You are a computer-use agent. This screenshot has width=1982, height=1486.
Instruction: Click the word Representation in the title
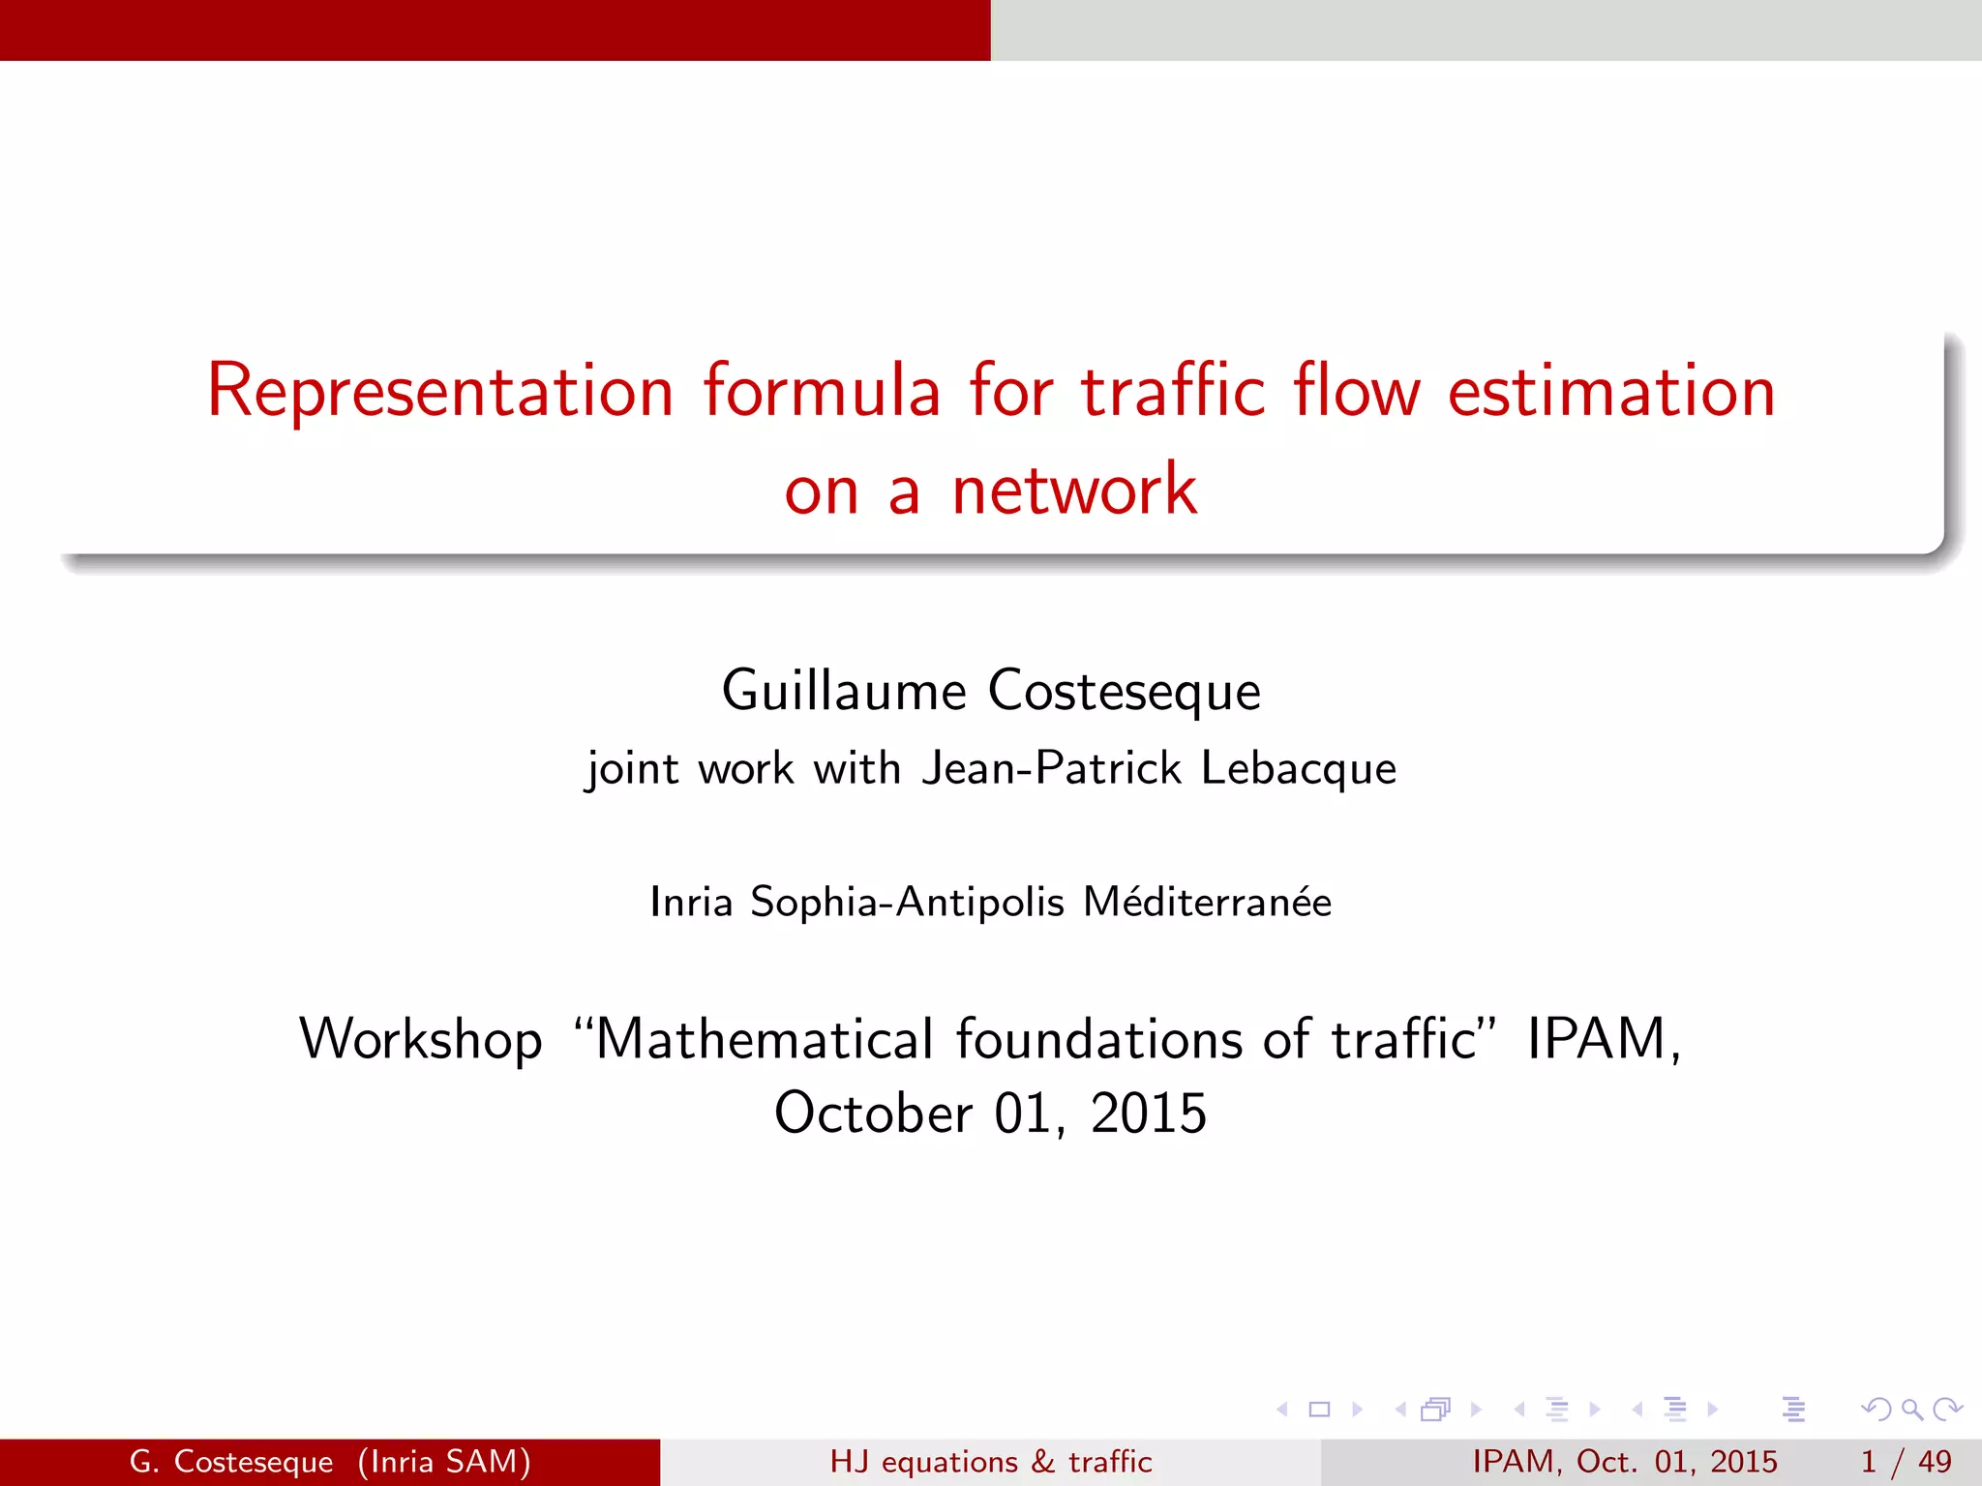click(x=440, y=391)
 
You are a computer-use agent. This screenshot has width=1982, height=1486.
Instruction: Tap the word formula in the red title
click(x=822, y=391)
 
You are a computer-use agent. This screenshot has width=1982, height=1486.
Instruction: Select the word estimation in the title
click(x=1611, y=391)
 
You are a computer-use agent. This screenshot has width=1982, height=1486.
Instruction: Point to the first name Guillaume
click(x=844, y=691)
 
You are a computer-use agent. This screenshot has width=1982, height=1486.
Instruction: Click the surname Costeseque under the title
click(x=1125, y=691)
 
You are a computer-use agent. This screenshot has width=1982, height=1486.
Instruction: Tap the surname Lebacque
click(x=1299, y=768)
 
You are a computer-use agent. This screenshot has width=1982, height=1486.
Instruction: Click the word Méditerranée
click(x=1207, y=902)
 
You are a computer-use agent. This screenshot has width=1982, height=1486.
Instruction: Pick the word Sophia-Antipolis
click(x=907, y=902)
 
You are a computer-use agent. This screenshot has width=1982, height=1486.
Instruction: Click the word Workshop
click(x=421, y=1039)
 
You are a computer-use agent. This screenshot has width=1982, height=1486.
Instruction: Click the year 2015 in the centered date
click(x=1149, y=1113)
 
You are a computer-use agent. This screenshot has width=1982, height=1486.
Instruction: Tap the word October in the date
click(x=874, y=1113)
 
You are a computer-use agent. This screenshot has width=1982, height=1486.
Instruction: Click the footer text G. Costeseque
click(x=231, y=1461)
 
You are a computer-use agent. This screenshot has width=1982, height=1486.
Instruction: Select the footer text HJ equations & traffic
click(x=991, y=1461)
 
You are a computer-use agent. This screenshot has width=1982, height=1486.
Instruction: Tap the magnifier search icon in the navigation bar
click(x=1911, y=1410)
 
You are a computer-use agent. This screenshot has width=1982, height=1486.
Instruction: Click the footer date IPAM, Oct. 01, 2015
click(x=1625, y=1461)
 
